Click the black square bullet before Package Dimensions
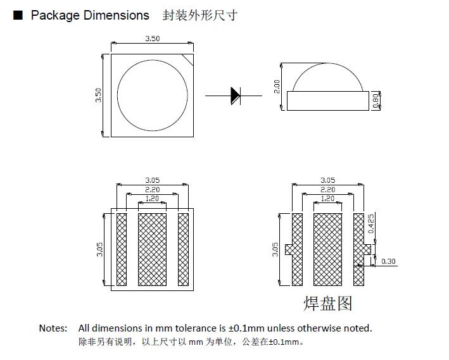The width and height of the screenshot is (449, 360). [x=18, y=15]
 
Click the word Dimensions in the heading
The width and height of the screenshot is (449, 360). [x=117, y=15]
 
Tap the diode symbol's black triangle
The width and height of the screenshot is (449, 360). [x=235, y=96]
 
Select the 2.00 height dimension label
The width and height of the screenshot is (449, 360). [x=277, y=87]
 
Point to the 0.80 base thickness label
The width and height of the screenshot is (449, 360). [x=376, y=101]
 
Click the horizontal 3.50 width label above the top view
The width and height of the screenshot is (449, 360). [x=153, y=39]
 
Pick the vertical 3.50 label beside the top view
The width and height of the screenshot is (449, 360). [x=98, y=96]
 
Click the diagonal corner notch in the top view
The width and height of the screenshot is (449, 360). [x=188, y=60]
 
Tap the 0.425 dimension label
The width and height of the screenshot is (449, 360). [x=371, y=223]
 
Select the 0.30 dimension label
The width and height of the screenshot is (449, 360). [x=388, y=261]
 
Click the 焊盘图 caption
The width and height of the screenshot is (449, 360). [x=327, y=303]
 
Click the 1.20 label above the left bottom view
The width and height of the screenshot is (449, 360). [x=152, y=199]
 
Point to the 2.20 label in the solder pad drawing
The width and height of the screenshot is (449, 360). [x=327, y=190]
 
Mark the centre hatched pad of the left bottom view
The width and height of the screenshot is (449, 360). [x=152, y=249]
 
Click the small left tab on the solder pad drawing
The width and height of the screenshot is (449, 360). [x=289, y=249]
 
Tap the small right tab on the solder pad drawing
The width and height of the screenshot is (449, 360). [x=367, y=249]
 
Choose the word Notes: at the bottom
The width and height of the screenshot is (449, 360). [x=53, y=328]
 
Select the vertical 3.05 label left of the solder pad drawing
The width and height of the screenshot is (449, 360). [x=275, y=249]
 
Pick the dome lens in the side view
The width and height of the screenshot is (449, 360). [x=327, y=63]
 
